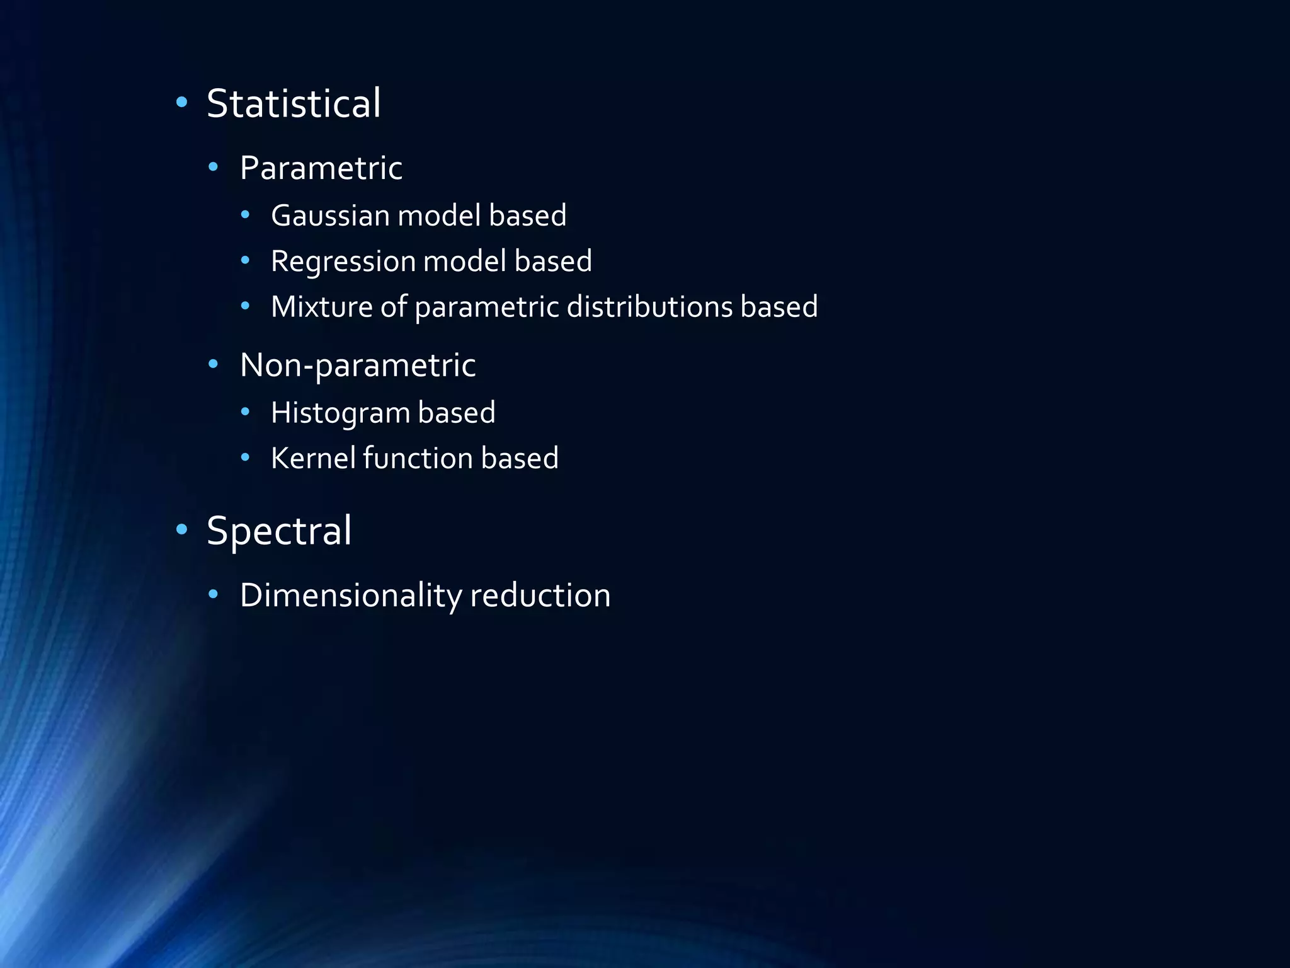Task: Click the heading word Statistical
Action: coord(294,103)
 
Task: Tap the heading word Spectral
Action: coord(279,531)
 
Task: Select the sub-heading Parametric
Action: coord(321,168)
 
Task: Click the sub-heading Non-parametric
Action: coord(358,366)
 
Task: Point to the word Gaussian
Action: coord(331,216)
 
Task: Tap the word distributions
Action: coord(649,307)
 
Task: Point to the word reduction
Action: coord(540,596)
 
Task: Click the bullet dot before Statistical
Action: coord(182,102)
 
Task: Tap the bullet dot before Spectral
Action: coord(182,529)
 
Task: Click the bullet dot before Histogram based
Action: coord(246,412)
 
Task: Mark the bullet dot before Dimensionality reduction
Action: coord(214,594)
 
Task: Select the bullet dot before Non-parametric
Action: coord(214,364)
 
